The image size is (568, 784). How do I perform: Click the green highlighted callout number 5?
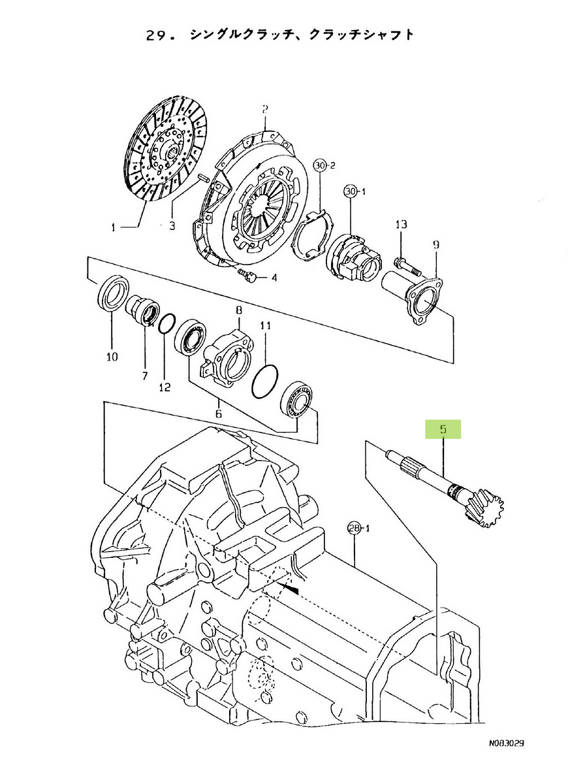[443, 429]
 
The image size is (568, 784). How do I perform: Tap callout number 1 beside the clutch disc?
[114, 228]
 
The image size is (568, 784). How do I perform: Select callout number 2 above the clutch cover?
[265, 110]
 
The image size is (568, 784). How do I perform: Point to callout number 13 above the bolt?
[402, 224]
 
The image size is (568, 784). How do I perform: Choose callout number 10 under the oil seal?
[112, 357]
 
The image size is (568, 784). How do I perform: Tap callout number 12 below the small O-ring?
[165, 387]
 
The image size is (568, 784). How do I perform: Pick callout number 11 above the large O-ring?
[266, 326]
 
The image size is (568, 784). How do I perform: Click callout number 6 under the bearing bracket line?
[219, 414]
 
